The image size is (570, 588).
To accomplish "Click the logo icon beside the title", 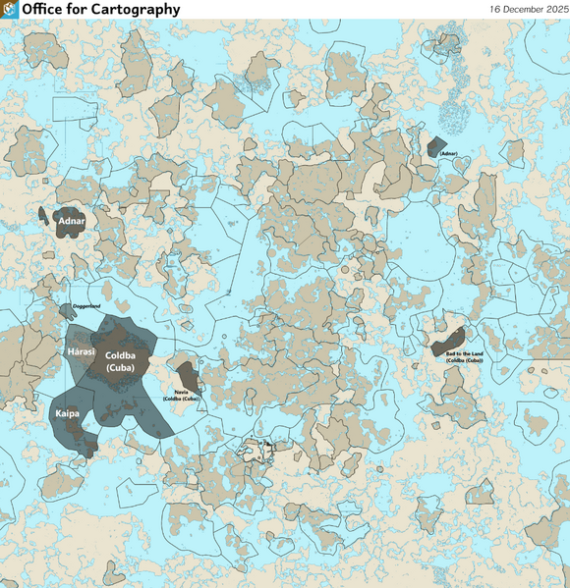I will (x=10, y=9).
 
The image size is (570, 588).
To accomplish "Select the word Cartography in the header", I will (x=138, y=9).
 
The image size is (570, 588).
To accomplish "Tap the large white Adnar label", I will (x=72, y=222).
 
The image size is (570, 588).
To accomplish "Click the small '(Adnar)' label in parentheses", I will (x=449, y=154).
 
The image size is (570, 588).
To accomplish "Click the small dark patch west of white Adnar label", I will (x=44, y=213).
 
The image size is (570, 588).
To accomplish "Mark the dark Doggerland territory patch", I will (x=66, y=311).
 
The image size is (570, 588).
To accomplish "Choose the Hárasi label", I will (x=80, y=351).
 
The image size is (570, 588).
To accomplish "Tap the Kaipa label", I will (x=67, y=415).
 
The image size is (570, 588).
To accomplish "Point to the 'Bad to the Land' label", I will (x=464, y=353).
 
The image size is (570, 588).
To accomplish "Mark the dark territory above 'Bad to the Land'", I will (x=450, y=337).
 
